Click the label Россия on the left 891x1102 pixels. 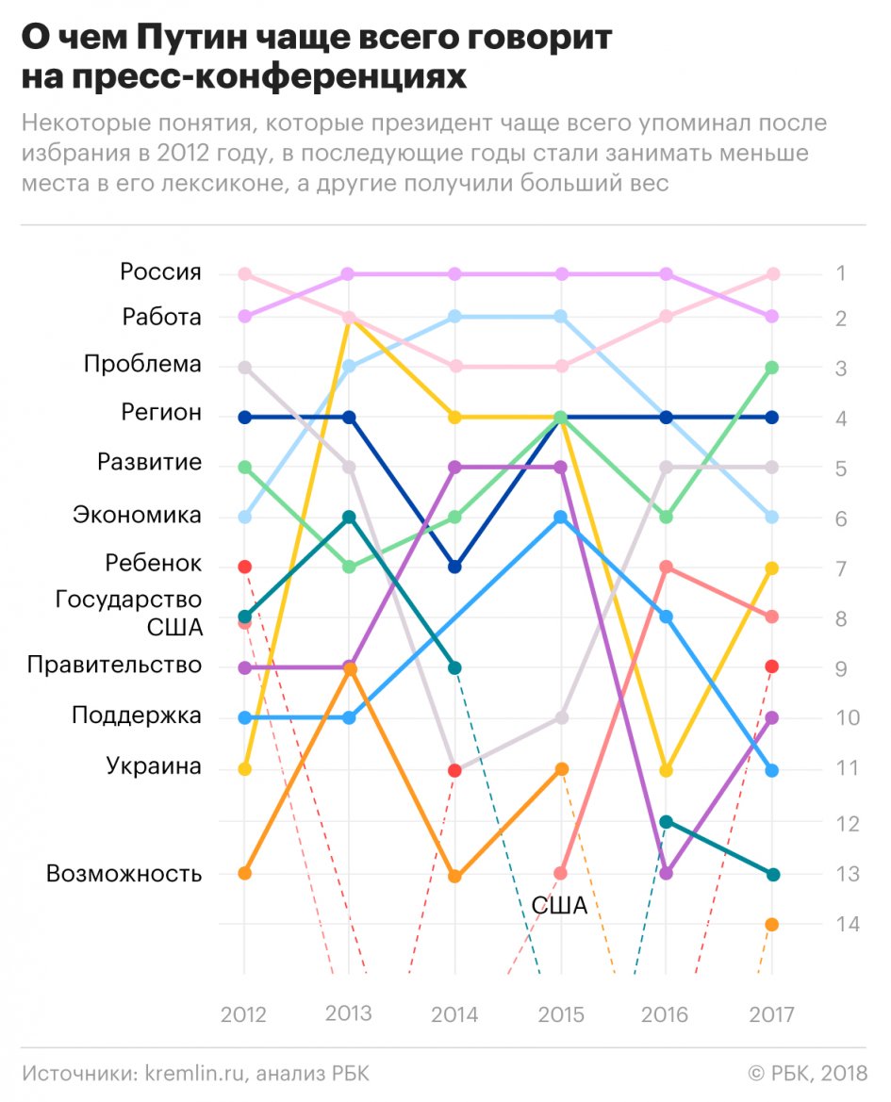click(160, 272)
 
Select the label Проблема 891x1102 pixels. click(142, 364)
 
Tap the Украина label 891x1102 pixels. click(154, 766)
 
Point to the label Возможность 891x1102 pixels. click(124, 874)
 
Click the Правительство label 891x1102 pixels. click(114, 666)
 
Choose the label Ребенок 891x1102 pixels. click(153, 564)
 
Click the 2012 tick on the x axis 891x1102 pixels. click(244, 1014)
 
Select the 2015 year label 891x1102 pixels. click(561, 1014)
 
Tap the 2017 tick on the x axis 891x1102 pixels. click(772, 1014)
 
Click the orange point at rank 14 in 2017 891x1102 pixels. click(772, 924)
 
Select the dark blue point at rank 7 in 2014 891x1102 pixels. click(455, 567)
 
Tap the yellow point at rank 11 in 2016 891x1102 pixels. click(667, 770)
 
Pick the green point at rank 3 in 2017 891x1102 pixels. click(772, 367)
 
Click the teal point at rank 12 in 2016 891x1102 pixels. click(667, 822)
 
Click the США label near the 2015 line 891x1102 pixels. click(559, 906)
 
